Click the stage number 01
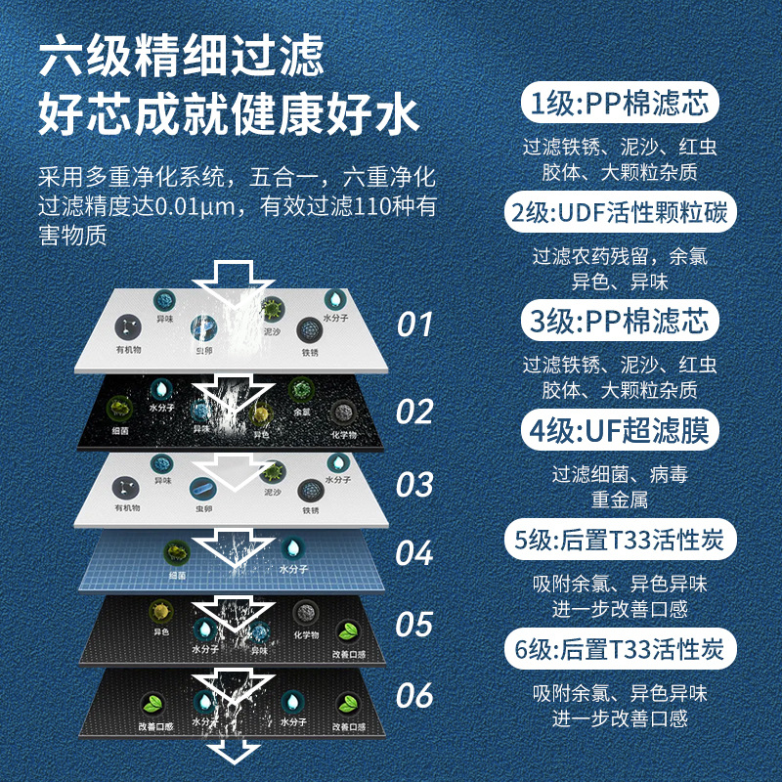pyautogui.click(x=414, y=324)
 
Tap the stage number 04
pyautogui.click(x=414, y=552)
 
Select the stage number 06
pyautogui.click(x=414, y=695)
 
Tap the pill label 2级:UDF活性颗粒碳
pyautogui.click(x=620, y=212)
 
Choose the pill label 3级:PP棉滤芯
pyautogui.click(x=619, y=321)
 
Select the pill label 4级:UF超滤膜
pyautogui.click(x=619, y=429)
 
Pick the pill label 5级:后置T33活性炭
pyautogui.click(x=620, y=539)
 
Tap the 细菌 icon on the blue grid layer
pyautogui.click(x=179, y=552)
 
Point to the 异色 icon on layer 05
pyautogui.click(x=160, y=614)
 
